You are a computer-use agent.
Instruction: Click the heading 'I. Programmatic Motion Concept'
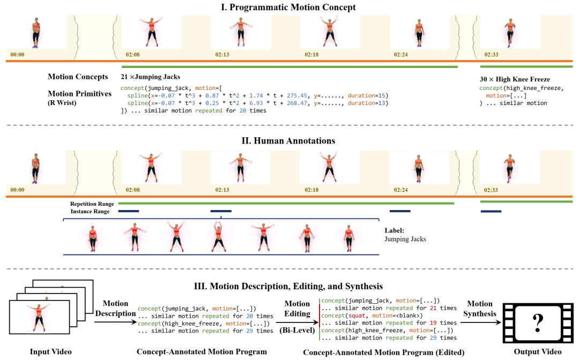[288, 7]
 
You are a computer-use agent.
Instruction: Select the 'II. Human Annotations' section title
[288, 140]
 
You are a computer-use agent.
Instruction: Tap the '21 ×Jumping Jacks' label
[150, 77]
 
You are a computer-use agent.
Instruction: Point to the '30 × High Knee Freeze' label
[515, 79]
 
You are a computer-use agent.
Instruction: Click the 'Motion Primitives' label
[80, 94]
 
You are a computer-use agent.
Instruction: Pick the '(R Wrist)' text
[62, 102]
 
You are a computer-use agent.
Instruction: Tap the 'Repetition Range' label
[92, 204]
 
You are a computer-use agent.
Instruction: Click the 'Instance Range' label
[90, 212]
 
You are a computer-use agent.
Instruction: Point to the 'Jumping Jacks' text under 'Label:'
[405, 239]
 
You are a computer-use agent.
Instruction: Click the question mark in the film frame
[538, 322]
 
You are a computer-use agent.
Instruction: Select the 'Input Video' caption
[50, 351]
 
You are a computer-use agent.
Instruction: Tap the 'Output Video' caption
[538, 351]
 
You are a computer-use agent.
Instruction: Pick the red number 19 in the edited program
[433, 322]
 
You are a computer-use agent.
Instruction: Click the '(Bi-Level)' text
[297, 330]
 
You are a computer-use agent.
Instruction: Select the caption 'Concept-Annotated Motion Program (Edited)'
[384, 352]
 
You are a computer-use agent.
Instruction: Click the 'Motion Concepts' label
[78, 77]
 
